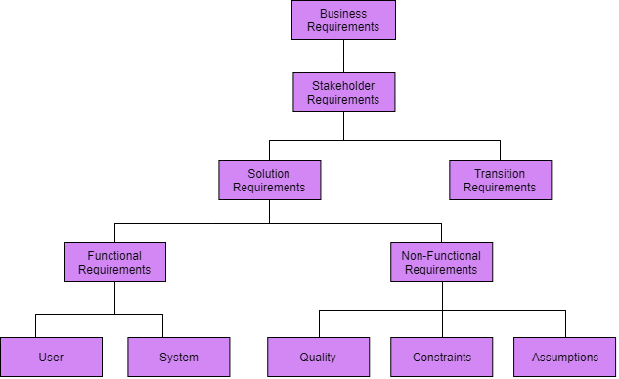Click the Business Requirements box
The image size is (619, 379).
point(343,20)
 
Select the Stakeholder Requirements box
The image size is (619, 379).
point(343,92)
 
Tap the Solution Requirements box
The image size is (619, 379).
point(270,180)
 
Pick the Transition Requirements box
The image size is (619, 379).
point(500,180)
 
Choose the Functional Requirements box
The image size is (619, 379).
point(114,262)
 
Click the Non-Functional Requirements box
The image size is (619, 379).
point(441,262)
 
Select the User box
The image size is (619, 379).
point(51,357)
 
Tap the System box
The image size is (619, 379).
point(179,357)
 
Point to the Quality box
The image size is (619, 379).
point(319,357)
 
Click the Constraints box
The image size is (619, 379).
point(442,357)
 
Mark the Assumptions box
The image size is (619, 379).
point(565,357)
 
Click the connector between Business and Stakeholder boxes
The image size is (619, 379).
point(343,56)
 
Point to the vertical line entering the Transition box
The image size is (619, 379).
point(500,149)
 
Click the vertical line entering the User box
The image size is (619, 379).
point(36,325)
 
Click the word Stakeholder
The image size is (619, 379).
point(343,85)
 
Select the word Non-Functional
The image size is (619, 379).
point(441,256)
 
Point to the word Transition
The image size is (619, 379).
point(500,173)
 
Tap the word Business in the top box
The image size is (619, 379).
point(343,13)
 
